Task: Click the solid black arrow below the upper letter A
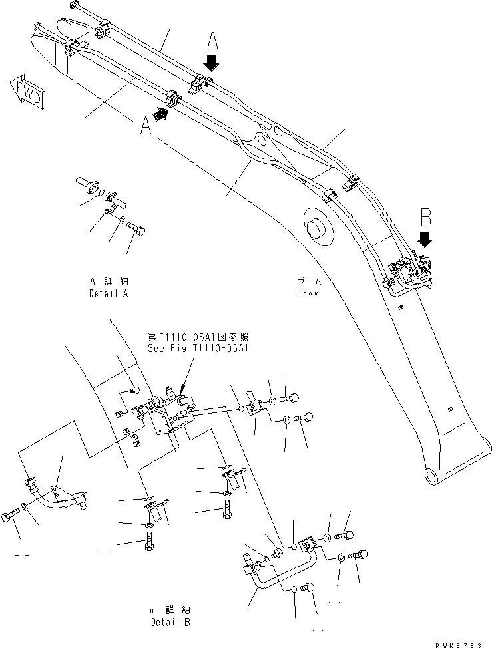(x=212, y=63)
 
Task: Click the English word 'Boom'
(x=309, y=293)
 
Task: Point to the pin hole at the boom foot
(x=431, y=476)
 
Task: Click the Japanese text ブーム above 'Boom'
(x=309, y=283)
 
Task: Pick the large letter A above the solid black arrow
(x=212, y=42)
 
